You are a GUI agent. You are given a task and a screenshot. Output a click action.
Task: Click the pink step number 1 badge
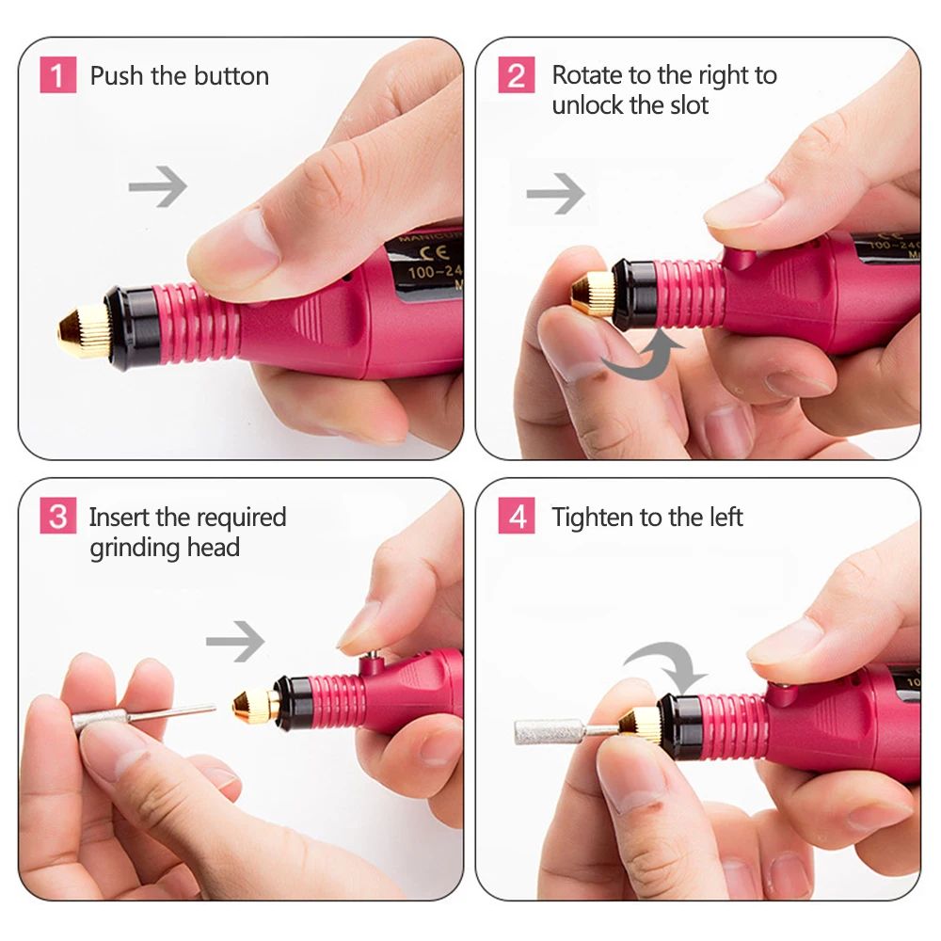pyautogui.click(x=57, y=75)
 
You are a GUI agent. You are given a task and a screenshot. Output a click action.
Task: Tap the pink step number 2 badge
pyautogui.click(x=516, y=75)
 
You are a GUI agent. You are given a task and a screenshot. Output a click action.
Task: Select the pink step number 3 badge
pyautogui.click(x=57, y=518)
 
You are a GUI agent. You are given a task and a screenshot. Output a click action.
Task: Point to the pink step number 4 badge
pyautogui.click(x=516, y=518)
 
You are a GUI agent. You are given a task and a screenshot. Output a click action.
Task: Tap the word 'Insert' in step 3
pyautogui.click(x=120, y=518)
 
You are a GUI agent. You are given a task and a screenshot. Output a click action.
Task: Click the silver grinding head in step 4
pyautogui.click(x=546, y=731)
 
